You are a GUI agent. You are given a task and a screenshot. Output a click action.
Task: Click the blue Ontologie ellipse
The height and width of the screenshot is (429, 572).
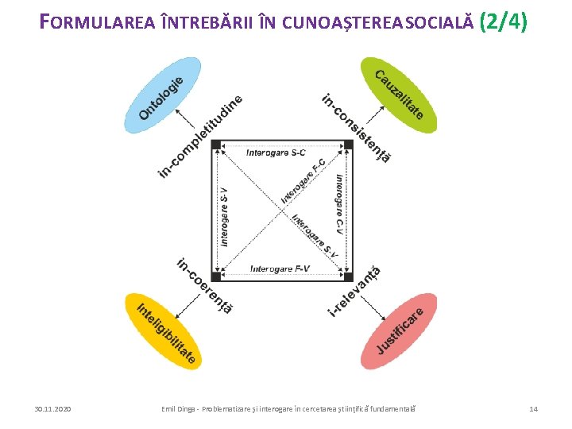coord(162,95)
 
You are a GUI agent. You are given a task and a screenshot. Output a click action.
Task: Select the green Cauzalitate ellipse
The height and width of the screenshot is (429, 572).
coord(400,95)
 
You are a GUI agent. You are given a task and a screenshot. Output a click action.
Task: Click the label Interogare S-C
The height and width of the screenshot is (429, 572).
coord(276,153)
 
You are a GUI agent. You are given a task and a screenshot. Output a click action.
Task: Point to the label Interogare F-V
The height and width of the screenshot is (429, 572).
coord(279,269)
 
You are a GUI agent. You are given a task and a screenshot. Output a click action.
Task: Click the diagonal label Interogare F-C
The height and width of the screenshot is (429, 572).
coord(303,182)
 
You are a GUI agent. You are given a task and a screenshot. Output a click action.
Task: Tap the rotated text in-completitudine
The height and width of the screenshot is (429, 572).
coord(199,136)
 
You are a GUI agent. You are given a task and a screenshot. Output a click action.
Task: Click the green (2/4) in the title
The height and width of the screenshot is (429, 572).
coord(504,21)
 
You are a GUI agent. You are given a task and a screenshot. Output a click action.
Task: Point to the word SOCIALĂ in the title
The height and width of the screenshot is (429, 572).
coord(436,24)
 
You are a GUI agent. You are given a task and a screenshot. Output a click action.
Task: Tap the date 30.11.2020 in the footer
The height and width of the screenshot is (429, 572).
coord(52,408)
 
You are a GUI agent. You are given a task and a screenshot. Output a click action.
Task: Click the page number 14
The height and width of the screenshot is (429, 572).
coord(533,408)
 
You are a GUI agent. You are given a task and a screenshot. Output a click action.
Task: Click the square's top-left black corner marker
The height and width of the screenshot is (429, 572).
coord(216,144)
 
